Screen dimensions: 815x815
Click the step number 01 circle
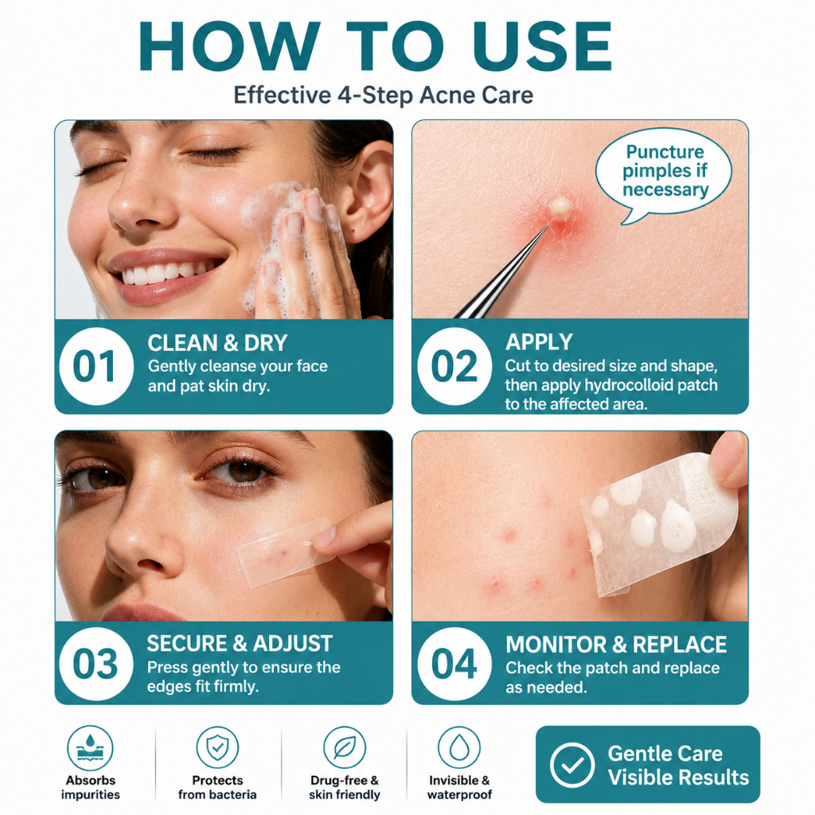click(96, 366)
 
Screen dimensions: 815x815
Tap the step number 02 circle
click(454, 366)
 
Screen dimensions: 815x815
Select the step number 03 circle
click(96, 664)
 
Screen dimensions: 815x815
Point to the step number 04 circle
click(454, 664)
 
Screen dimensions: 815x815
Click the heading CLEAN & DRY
click(217, 343)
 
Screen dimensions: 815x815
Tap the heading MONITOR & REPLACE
click(616, 645)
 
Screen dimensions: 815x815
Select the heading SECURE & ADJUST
click(240, 643)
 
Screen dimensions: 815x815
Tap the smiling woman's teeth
click(166, 272)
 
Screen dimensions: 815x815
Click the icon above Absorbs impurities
click(90, 748)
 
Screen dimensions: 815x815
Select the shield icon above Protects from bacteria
click(217, 747)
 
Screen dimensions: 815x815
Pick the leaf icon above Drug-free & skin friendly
click(345, 747)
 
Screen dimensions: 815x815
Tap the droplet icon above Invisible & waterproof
click(459, 747)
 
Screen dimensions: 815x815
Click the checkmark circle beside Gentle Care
click(572, 765)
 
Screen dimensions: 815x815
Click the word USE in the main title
click(542, 46)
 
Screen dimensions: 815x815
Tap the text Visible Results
click(678, 778)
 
